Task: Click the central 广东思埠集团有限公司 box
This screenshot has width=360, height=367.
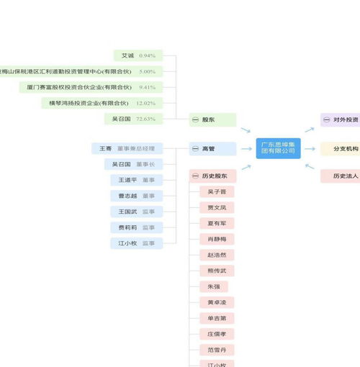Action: point(278,148)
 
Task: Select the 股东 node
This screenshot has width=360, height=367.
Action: point(212,119)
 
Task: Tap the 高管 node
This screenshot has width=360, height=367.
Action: point(212,148)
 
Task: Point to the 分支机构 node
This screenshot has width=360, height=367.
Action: point(344,148)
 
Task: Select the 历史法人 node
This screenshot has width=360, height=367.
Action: point(343,176)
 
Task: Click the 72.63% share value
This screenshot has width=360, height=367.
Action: point(145,119)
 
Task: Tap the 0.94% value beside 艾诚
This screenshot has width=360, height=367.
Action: point(147,55)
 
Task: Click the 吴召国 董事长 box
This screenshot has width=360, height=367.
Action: point(133,164)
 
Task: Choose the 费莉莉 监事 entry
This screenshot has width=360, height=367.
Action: point(136,227)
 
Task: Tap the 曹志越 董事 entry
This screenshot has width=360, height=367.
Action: point(136,196)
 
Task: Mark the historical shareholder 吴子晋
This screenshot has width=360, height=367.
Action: point(217,192)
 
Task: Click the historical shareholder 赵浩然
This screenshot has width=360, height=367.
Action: point(217,255)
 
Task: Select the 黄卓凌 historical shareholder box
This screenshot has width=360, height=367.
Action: point(217,302)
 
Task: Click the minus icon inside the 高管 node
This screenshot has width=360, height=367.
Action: point(195,148)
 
